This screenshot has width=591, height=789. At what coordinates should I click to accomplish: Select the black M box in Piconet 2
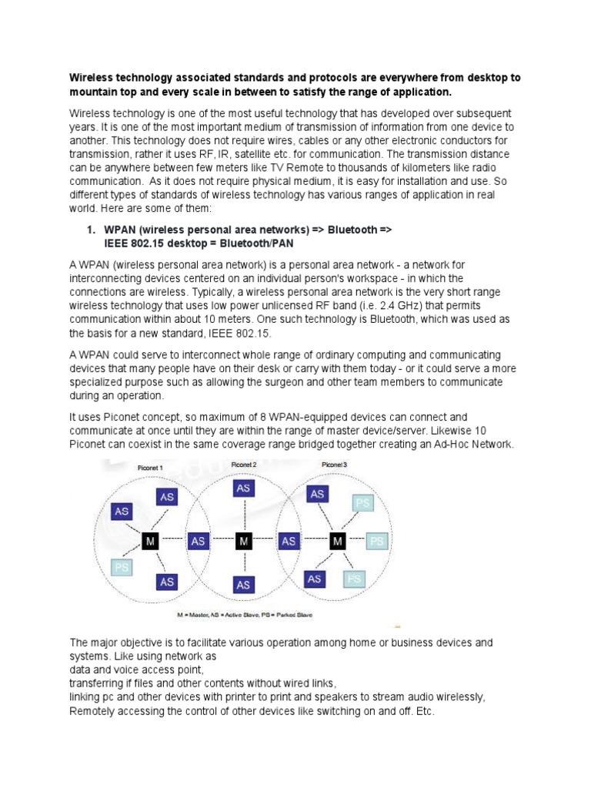click(x=244, y=542)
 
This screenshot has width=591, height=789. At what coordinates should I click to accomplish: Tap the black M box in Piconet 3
click(x=338, y=542)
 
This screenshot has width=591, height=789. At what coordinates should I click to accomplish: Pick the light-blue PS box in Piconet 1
click(x=121, y=568)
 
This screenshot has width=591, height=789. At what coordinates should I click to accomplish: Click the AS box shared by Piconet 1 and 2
click(x=199, y=542)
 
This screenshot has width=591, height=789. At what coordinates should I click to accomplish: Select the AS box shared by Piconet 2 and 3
click(x=289, y=542)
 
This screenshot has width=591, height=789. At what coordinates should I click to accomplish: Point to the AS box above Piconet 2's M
click(x=243, y=489)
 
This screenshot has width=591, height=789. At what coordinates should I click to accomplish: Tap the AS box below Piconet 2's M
click(x=243, y=586)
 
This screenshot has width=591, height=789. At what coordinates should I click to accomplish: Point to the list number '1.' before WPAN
click(x=90, y=230)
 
